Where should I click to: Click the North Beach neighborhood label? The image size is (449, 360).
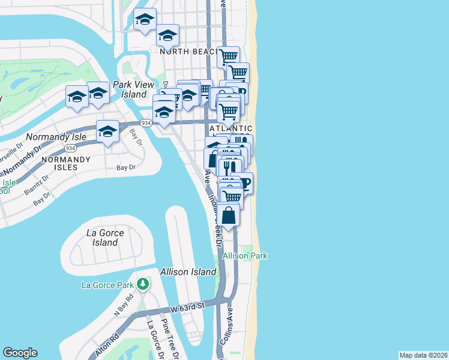point(188,52)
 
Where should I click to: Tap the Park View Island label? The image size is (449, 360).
point(130,89)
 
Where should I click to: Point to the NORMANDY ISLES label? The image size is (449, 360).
point(65,163)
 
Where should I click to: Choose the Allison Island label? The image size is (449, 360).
point(188,272)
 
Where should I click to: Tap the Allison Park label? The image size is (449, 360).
point(245,256)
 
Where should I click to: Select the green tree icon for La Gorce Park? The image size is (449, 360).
point(142,283)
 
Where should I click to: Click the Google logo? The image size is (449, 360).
point(20,353)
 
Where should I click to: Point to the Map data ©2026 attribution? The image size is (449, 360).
point(423,355)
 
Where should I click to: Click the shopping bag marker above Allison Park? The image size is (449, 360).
point(229,215)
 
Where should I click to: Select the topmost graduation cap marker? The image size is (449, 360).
point(144,20)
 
